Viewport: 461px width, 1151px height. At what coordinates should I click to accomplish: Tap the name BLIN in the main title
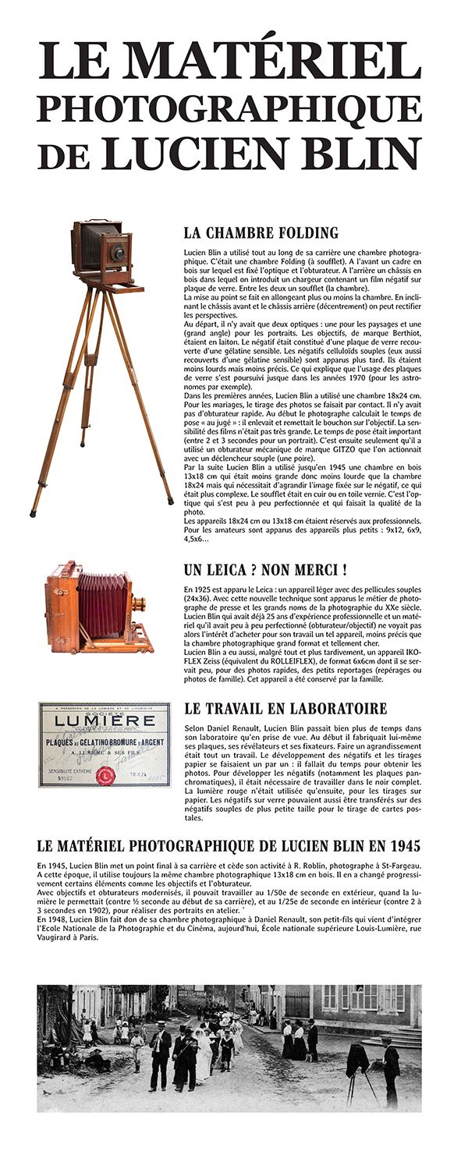[355, 153]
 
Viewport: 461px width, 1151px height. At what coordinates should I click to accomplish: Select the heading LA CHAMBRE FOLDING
[261, 232]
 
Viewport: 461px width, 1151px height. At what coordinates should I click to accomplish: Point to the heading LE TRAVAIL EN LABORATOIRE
[285, 709]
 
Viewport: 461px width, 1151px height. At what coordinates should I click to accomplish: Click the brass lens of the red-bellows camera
[139, 604]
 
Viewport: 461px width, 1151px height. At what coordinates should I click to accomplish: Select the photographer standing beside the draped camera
[390, 1072]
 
